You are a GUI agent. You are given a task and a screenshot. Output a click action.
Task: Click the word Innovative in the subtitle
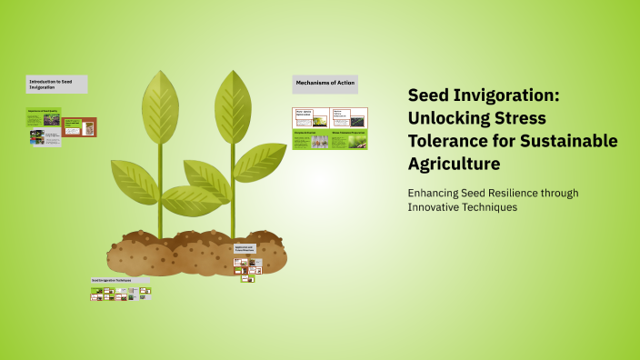pos(435,206)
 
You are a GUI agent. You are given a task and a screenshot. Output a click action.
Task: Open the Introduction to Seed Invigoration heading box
pos(56,85)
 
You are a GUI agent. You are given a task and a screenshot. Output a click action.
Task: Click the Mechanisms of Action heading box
pos(325,85)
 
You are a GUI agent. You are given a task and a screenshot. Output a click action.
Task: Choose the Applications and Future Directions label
pos(245,248)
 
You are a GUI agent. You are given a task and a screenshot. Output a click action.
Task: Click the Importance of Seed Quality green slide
pos(44,117)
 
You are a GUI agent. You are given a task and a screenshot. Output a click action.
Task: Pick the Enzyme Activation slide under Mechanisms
pos(310,140)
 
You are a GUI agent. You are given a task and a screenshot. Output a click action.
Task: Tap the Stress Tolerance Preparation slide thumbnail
pos(349,140)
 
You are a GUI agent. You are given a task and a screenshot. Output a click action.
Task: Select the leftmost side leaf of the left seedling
pos(135,178)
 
